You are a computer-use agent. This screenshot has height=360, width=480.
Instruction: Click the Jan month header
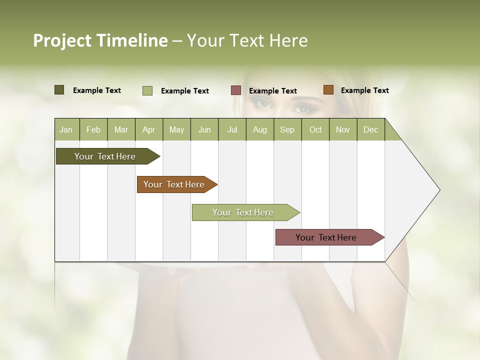coord(66,130)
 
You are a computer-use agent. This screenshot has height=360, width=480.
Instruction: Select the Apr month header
coord(148,130)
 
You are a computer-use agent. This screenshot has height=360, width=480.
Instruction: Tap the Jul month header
coord(232,130)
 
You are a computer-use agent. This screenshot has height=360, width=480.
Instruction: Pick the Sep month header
coord(287,130)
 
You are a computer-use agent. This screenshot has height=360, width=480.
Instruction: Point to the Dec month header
coord(370,130)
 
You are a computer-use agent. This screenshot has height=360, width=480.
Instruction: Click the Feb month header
coord(93,130)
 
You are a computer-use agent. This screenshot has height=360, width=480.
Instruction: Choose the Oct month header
coord(315,130)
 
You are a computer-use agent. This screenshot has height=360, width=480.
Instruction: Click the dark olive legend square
coord(59,90)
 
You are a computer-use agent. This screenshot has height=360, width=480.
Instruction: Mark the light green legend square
coord(147,90)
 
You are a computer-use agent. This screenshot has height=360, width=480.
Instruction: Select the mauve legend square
coord(236,90)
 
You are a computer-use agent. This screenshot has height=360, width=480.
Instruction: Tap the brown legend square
coord(328,90)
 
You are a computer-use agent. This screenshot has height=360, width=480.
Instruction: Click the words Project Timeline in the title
coord(100,40)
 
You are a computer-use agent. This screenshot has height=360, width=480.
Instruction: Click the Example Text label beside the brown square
coord(364,90)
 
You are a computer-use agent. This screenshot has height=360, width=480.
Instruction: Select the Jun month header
coord(204,130)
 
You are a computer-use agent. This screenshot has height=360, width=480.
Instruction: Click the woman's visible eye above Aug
coord(263,104)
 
